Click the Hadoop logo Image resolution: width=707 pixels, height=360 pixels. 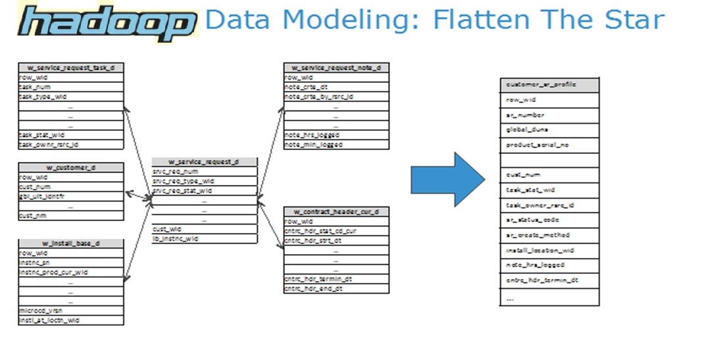click(108, 23)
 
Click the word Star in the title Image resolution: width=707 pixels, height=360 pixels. click(629, 20)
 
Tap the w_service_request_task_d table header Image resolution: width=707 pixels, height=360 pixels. click(71, 68)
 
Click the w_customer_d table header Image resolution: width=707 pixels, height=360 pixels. click(71, 167)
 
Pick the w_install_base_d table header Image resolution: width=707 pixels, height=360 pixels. click(71, 244)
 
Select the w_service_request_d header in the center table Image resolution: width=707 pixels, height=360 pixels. click(204, 162)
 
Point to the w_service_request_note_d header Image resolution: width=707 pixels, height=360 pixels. click(336, 68)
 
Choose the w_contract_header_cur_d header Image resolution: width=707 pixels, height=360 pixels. click(336, 212)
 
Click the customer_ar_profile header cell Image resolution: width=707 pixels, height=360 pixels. click(549, 85)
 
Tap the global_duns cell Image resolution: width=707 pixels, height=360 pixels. click(549, 130)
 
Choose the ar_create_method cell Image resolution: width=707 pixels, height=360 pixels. click(549, 235)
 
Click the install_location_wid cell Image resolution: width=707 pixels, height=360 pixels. click(549, 251)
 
